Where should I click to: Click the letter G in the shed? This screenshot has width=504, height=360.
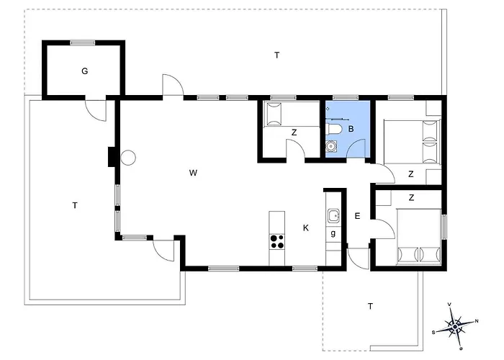[x=84, y=71]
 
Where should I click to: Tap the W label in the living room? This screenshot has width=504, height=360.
[x=193, y=173]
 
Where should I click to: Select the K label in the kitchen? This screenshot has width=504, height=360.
[x=306, y=228]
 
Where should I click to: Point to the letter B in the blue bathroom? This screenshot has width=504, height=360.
[x=351, y=129]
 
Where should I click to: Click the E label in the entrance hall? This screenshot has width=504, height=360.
[x=357, y=216]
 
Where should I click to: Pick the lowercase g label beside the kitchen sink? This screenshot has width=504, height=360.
[x=333, y=233]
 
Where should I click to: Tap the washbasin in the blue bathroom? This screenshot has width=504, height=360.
[x=330, y=147]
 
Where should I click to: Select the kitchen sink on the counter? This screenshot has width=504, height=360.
[x=333, y=215]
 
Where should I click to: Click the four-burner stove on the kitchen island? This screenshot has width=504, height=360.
[x=277, y=242]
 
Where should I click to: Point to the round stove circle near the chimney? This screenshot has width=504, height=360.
[x=128, y=158]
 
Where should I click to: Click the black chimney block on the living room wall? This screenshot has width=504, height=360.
[x=112, y=157]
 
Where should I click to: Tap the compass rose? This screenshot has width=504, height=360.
[x=455, y=327]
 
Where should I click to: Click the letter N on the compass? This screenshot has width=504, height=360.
[x=477, y=321]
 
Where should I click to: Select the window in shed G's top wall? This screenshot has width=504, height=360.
[x=83, y=42]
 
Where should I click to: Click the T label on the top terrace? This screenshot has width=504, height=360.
[x=276, y=55]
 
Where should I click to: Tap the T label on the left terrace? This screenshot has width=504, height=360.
[x=75, y=205]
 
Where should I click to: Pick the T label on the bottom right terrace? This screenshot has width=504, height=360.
[x=370, y=306]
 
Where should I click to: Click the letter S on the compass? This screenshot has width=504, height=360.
[x=433, y=333]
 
